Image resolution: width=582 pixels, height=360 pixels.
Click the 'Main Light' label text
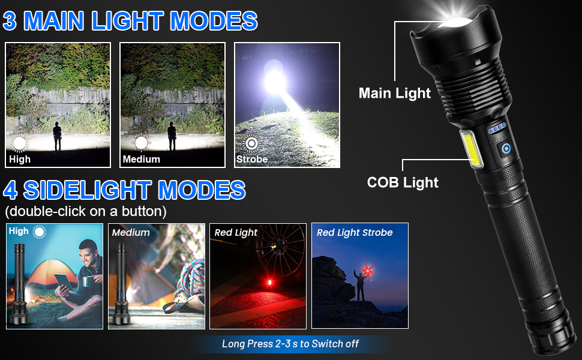(x=394, y=93)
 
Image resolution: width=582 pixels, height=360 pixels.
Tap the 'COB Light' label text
(x=403, y=182)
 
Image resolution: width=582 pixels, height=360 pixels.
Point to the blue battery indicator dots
(x=497, y=129)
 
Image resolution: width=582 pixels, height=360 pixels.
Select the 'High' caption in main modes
(x=20, y=160)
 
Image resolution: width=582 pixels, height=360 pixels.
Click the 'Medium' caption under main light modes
(x=141, y=160)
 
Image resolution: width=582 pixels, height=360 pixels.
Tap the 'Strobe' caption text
(x=252, y=160)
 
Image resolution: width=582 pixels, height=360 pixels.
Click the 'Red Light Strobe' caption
(x=355, y=233)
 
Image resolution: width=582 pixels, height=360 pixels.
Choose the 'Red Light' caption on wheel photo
(x=236, y=233)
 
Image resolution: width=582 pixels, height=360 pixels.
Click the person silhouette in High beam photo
(x=58, y=136)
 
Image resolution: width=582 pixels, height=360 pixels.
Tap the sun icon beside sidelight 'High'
(x=40, y=232)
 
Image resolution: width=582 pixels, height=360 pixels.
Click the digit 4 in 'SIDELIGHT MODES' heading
(x=10, y=190)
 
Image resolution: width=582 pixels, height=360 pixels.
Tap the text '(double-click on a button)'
(x=85, y=212)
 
